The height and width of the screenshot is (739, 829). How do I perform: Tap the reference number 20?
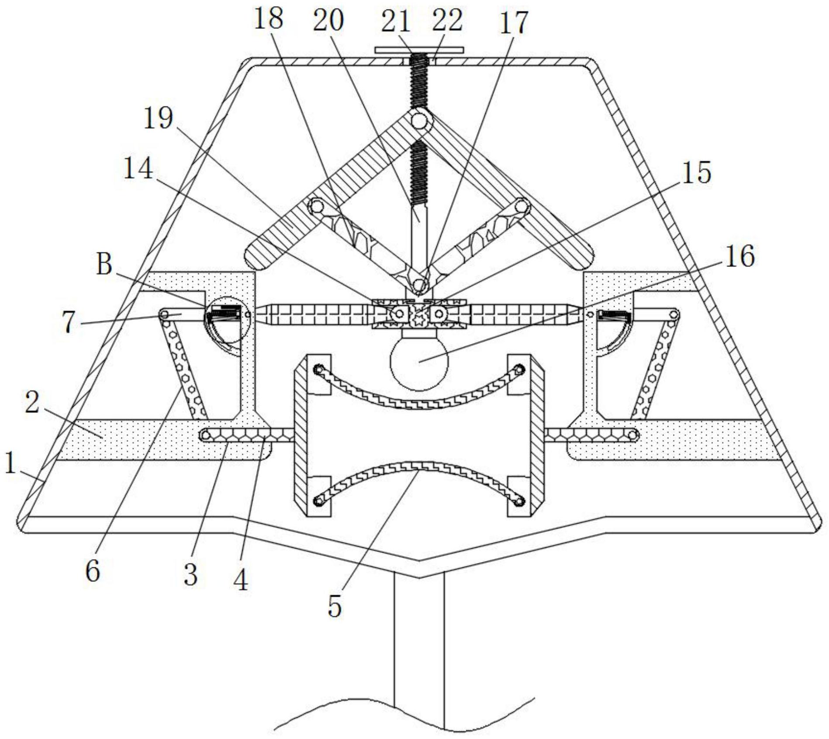point(328,20)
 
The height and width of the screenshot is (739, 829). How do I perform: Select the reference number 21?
point(396,21)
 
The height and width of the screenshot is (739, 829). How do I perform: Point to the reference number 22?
point(448,20)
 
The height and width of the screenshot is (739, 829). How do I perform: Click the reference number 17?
point(514,23)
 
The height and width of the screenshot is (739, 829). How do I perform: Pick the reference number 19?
point(158,117)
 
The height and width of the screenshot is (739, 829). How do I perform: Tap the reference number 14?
point(138,168)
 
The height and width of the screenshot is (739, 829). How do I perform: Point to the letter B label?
point(104,265)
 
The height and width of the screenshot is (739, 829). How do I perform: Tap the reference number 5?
point(335,606)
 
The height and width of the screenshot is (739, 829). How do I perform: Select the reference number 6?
point(93,571)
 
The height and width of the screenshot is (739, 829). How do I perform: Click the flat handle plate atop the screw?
point(418,50)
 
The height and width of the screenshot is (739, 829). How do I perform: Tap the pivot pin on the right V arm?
point(522,204)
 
